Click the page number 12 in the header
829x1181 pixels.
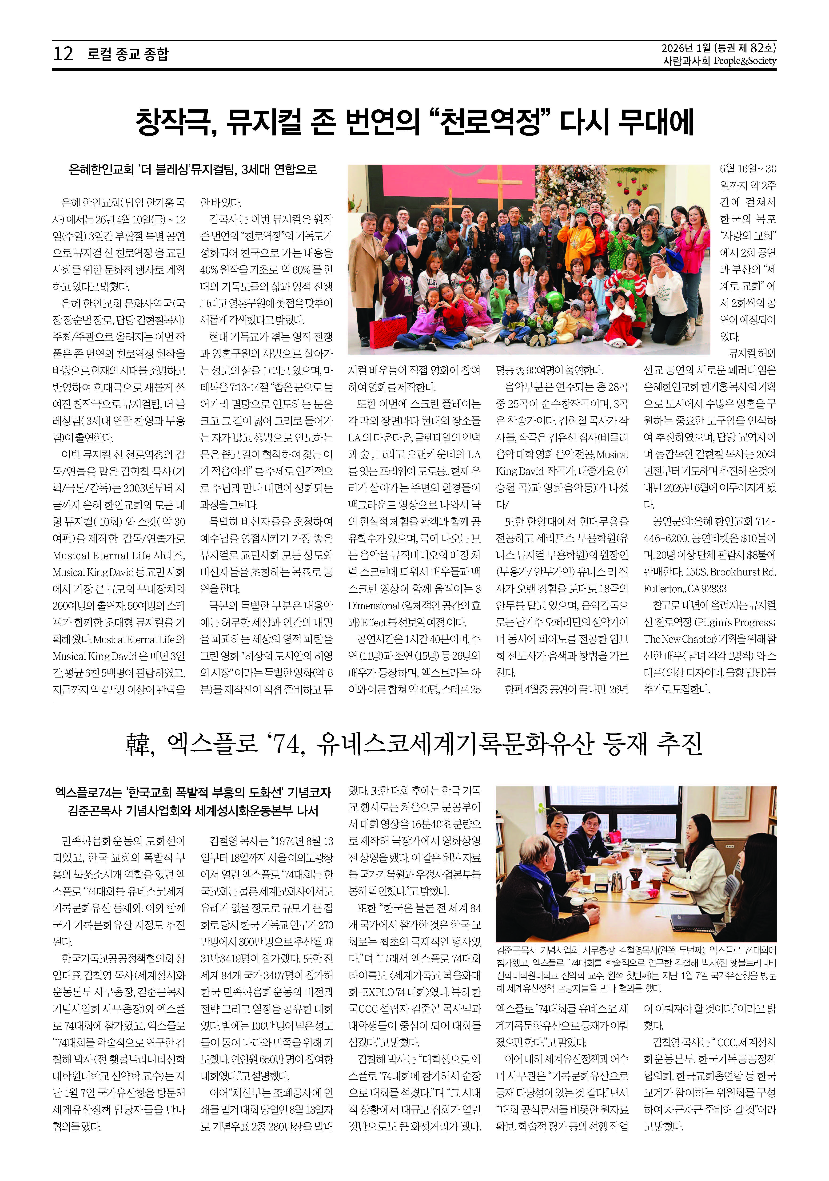click(63, 53)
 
